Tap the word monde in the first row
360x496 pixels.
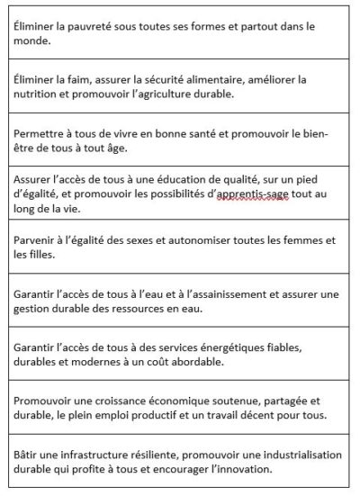pos(34,41)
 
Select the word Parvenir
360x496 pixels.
pos(39,240)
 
